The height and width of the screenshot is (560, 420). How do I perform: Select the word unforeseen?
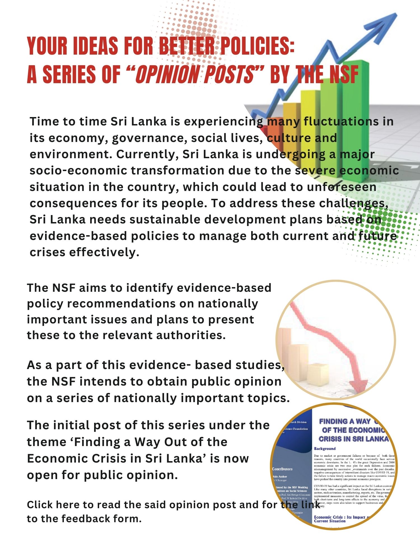point(342,187)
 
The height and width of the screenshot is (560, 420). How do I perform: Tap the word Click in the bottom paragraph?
point(39,505)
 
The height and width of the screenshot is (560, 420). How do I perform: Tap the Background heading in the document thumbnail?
point(325,449)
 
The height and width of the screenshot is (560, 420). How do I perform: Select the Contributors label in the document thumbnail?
point(282,469)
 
